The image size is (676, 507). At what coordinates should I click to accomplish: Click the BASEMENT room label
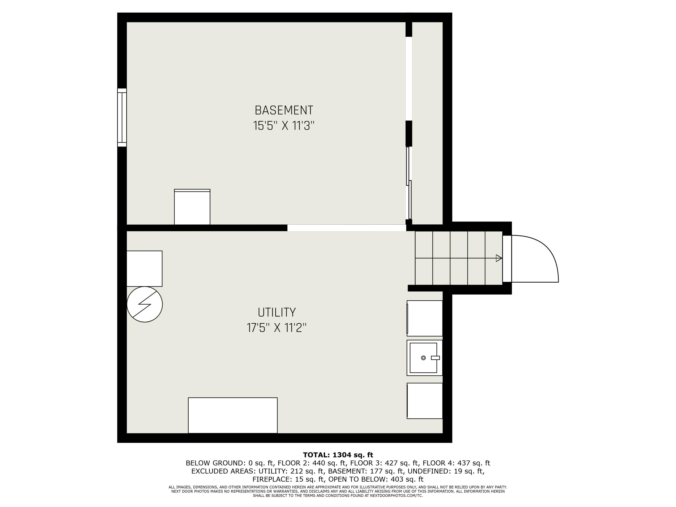pyautogui.click(x=284, y=110)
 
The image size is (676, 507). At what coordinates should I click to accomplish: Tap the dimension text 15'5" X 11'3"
pyautogui.click(x=284, y=126)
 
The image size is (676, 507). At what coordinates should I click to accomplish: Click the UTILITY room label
pyautogui.click(x=276, y=312)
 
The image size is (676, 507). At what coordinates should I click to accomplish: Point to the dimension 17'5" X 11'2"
pyautogui.click(x=276, y=328)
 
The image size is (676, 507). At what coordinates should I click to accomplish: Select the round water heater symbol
pyautogui.click(x=145, y=304)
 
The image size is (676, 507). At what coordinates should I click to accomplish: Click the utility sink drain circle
pyautogui.click(x=423, y=358)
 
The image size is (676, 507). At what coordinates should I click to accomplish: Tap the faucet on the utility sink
pyautogui.click(x=435, y=358)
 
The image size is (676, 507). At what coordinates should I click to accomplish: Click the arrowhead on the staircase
pyautogui.click(x=498, y=258)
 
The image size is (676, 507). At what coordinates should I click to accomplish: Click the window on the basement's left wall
pyautogui.click(x=122, y=118)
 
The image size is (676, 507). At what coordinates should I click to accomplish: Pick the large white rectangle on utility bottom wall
pyautogui.click(x=233, y=415)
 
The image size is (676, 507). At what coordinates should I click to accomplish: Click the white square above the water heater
pyautogui.click(x=144, y=269)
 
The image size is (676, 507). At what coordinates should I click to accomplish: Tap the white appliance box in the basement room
pyautogui.click(x=192, y=207)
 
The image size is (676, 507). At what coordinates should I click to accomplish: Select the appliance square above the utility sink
pyautogui.click(x=425, y=318)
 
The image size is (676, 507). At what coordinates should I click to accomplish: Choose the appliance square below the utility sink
pyautogui.click(x=425, y=401)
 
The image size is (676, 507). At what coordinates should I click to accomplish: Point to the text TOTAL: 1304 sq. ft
pyautogui.click(x=338, y=455)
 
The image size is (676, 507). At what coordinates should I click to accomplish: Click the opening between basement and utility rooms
pyautogui.click(x=346, y=228)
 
